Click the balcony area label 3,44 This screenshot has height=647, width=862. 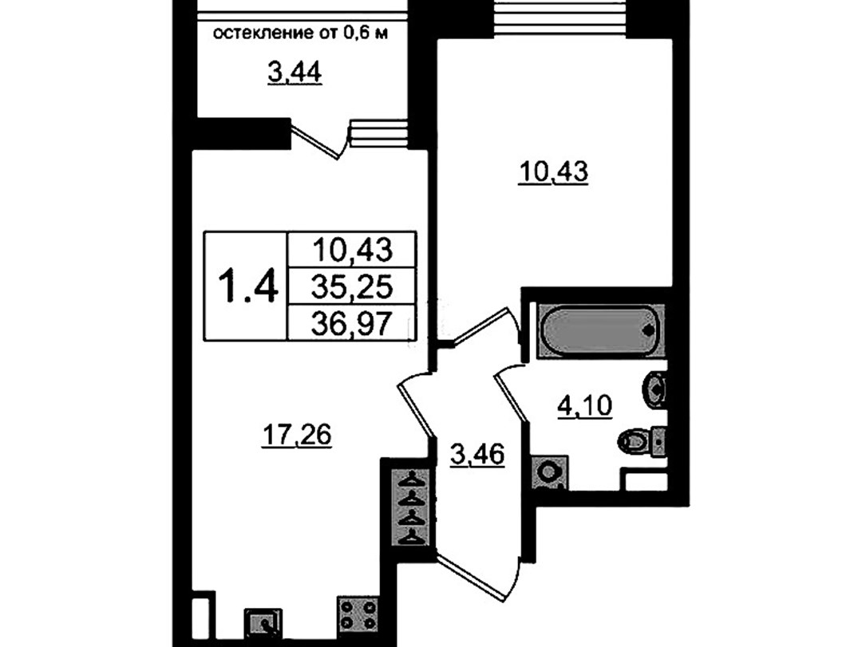tap(295, 73)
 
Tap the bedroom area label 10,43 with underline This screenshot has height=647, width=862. tap(554, 172)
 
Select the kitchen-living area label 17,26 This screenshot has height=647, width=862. tap(297, 436)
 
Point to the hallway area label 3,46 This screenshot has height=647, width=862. tap(477, 456)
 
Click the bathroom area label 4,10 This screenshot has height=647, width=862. tap(585, 407)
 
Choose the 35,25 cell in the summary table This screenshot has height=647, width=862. tap(352, 286)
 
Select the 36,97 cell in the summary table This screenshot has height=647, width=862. tap(352, 322)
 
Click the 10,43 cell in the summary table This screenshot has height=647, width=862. tap(352, 251)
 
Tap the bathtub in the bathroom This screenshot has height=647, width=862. tap(599, 329)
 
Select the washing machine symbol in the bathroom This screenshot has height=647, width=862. tap(548, 471)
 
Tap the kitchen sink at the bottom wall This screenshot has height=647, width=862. tap(263, 625)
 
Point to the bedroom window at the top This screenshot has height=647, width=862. tap(561, 18)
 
